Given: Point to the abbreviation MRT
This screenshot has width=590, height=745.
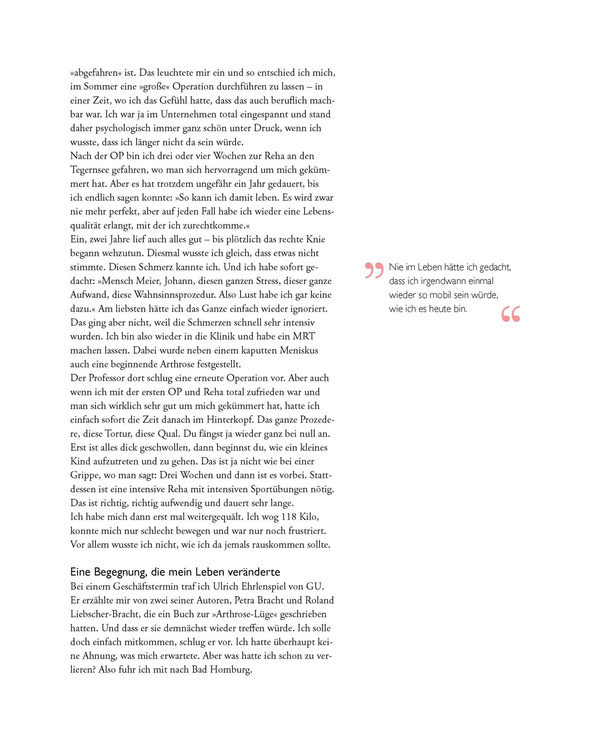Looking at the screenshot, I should (304, 337).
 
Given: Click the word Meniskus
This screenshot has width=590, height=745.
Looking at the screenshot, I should (299, 351).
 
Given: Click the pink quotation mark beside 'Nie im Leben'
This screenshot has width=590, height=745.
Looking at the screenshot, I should (374, 270).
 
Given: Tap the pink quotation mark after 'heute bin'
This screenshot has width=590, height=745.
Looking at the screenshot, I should (511, 314).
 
